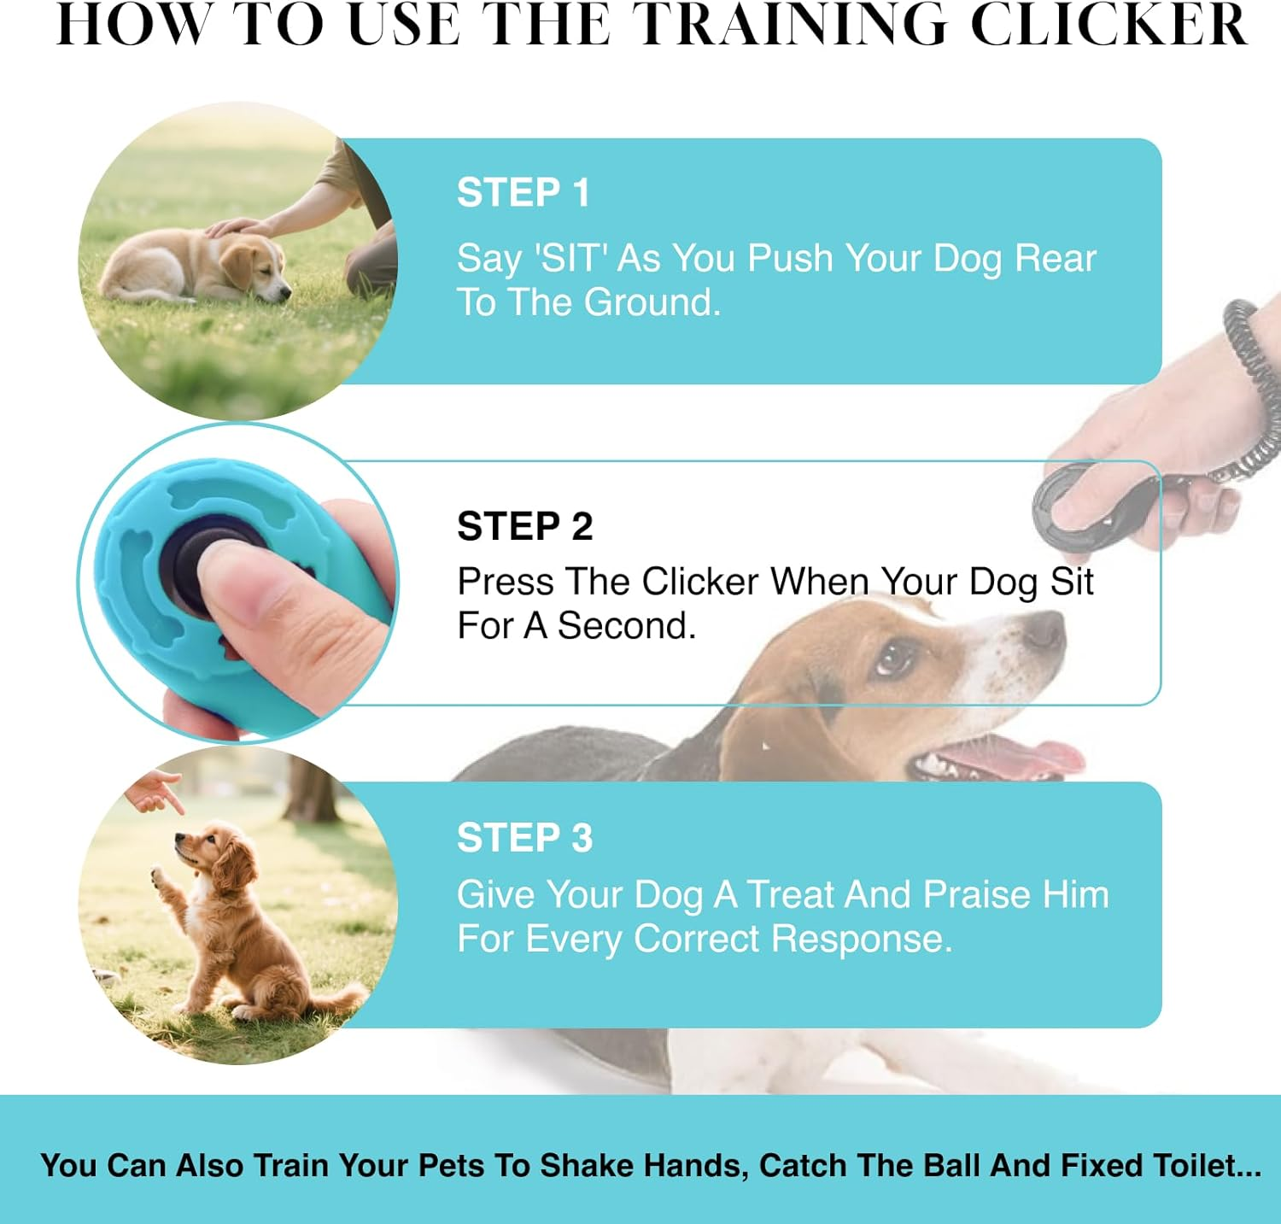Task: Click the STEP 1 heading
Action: [x=523, y=192]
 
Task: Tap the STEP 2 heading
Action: [x=524, y=526]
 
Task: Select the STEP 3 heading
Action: [x=524, y=838]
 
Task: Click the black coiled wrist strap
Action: [x=1255, y=376]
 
